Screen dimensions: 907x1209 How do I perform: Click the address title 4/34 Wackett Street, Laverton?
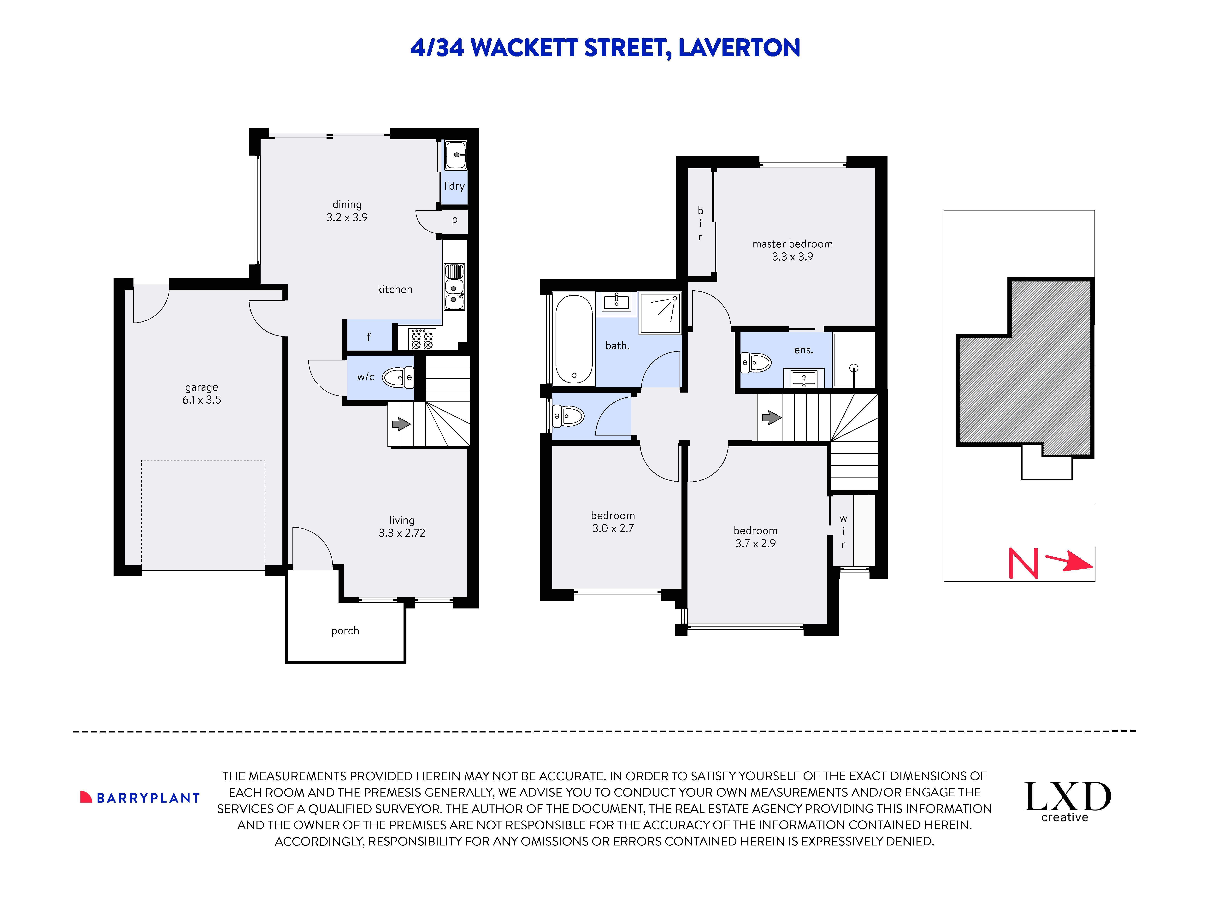(x=604, y=48)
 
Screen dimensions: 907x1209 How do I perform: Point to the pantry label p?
(x=454, y=220)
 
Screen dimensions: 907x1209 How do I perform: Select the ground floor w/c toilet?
(x=397, y=377)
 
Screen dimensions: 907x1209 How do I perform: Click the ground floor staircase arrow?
(x=401, y=424)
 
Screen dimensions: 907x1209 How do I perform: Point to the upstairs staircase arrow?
(x=771, y=418)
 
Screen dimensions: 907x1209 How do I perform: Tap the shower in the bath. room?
(x=660, y=313)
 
